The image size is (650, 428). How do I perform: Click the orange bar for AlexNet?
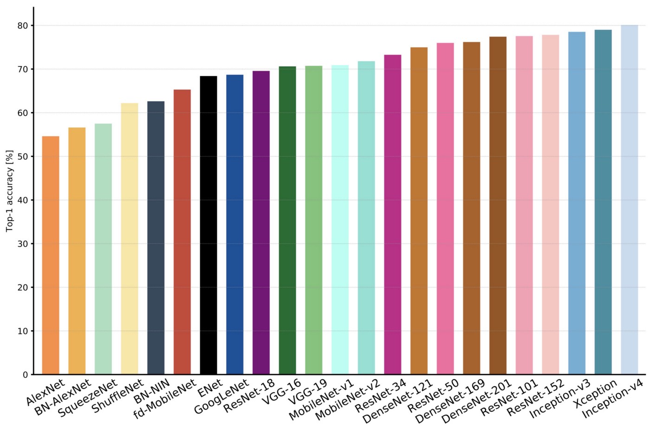coord(51,255)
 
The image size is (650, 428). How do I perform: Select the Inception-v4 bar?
coord(630,200)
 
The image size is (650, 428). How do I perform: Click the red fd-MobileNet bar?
coord(182,232)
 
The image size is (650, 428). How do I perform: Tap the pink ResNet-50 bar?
coord(445,209)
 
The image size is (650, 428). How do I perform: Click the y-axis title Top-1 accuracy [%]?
coord(9,191)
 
